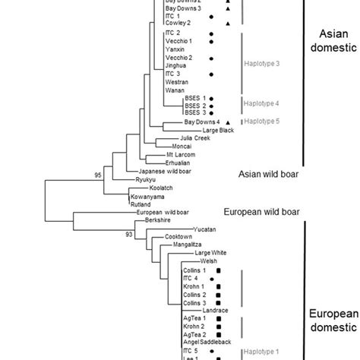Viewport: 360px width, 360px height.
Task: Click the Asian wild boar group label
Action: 266,175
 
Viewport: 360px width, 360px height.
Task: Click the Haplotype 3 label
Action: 262,63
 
